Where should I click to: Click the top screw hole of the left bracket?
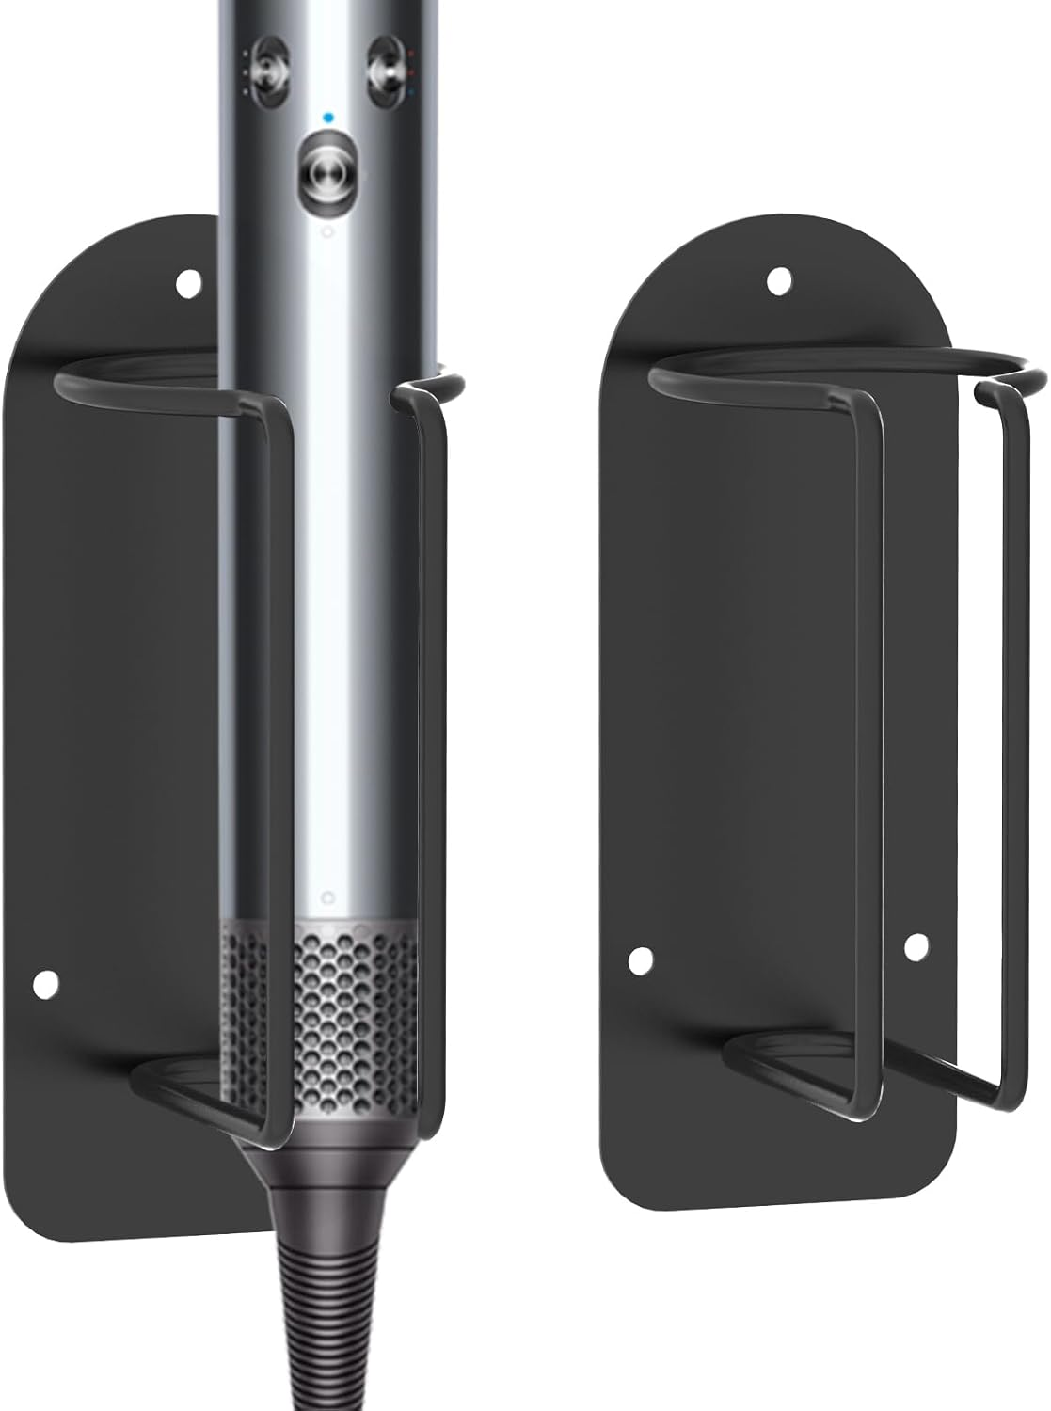click(189, 280)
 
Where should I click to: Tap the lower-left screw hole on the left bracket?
click(43, 984)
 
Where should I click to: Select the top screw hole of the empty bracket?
click(777, 279)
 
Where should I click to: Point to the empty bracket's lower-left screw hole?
click(640, 959)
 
